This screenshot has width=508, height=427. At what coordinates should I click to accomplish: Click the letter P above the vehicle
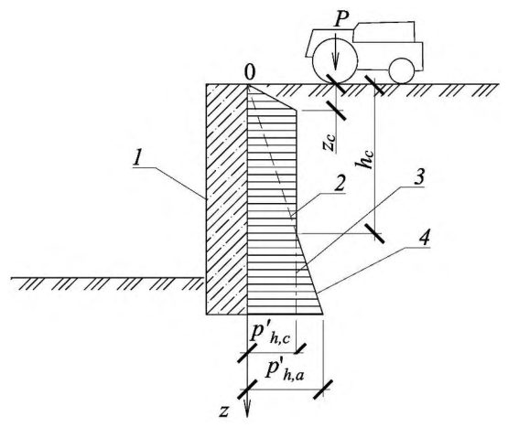[341, 20]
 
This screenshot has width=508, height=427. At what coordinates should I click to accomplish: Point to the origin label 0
[250, 73]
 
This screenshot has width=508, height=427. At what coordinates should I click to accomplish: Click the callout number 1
[137, 158]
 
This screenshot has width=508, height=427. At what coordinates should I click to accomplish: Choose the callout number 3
[419, 177]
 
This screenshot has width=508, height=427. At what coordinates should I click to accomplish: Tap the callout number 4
[424, 238]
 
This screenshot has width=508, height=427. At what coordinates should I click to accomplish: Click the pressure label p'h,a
[285, 369]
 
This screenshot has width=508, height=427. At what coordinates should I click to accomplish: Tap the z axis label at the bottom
[224, 411]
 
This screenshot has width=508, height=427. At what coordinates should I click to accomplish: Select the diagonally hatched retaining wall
[227, 199]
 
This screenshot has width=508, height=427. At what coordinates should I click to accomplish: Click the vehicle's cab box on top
[384, 32]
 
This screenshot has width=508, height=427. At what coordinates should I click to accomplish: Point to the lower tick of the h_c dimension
[374, 233]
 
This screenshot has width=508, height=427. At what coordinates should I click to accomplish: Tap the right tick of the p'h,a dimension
[323, 390]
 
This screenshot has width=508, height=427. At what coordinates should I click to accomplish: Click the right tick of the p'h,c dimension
[300, 349]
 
